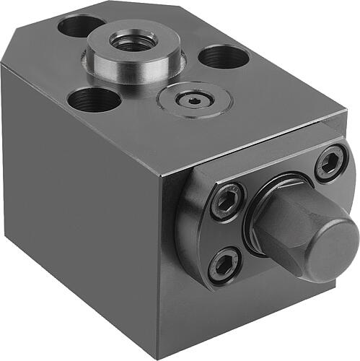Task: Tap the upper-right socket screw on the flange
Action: click(330, 162)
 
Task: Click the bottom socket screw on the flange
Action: click(225, 266)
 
